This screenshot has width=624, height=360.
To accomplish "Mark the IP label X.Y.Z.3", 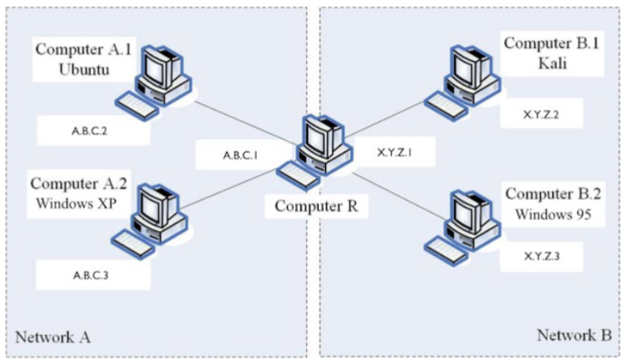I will click(542, 256).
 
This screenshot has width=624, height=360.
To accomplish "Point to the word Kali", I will click(550, 63).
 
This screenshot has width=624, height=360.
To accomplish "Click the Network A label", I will click(51, 337).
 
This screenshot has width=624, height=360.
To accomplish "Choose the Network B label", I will click(574, 335).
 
